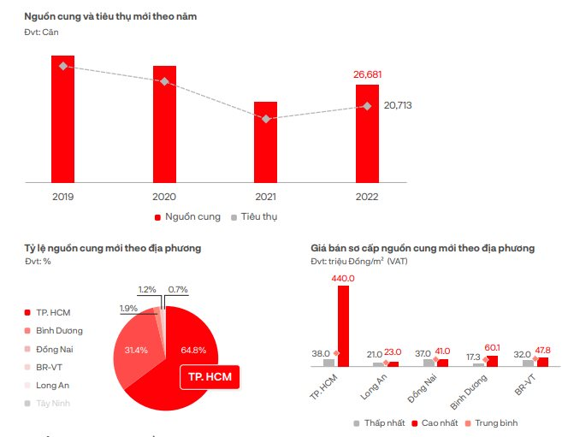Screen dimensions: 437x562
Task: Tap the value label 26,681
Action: [x=368, y=74]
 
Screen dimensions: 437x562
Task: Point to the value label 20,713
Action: [x=398, y=105]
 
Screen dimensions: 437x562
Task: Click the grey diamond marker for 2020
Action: [x=164, y=81]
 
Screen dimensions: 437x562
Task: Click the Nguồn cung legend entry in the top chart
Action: [x=186, y=216]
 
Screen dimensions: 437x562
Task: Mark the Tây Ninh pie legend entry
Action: [x=54, y=403]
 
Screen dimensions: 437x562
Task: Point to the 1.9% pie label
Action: [x=128, y=308]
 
